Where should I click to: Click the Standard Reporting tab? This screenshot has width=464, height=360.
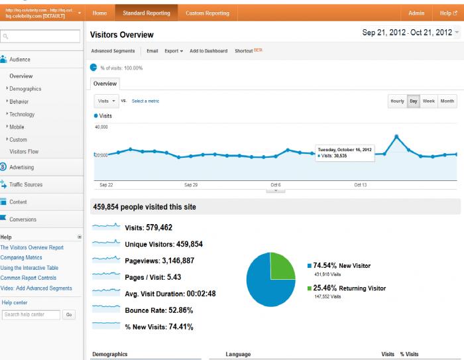point(146,13)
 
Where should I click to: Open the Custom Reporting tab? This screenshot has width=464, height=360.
point(207,13)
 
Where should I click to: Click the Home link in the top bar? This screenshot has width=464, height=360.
point(99,13)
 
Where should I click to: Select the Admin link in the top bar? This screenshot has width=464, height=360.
point(416,13)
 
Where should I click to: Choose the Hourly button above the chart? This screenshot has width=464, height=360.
point(397,101)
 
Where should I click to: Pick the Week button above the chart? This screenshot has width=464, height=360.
point(429,101)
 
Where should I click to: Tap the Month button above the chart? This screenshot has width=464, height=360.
point(447,101)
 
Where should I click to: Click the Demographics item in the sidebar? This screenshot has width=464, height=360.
point(25,89)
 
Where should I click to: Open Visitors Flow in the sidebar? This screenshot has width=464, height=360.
point(24,152)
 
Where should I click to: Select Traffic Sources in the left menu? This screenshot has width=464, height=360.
point(26,185)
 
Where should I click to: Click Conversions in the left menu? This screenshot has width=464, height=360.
point(23,219)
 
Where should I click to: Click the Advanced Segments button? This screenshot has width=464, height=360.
point(113,51)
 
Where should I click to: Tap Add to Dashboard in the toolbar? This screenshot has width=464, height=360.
point(208,51)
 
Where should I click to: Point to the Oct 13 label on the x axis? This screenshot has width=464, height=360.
point(361,185)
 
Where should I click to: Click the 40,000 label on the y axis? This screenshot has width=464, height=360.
point(102,126)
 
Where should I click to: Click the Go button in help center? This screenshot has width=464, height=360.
point(69,315)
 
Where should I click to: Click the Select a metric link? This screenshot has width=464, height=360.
point(145,101)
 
